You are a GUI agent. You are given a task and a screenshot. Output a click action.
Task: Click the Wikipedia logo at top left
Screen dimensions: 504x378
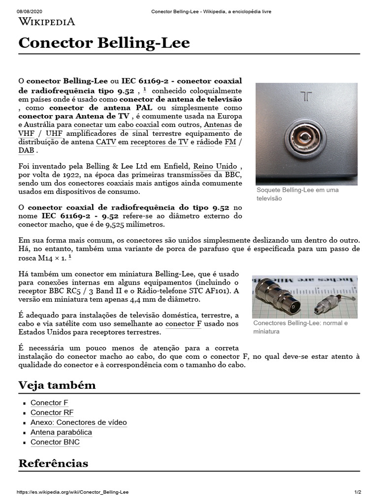[x=47, y=21]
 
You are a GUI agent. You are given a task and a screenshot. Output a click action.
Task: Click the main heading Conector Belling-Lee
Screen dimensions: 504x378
[x=104, y=43]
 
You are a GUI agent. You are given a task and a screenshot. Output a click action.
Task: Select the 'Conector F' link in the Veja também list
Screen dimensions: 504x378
[x=49, y=403]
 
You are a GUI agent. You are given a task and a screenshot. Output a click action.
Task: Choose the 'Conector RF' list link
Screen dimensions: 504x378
[x=52, y=412]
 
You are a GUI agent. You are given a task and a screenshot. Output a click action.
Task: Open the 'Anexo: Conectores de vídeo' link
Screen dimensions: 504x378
[x=78, y=422]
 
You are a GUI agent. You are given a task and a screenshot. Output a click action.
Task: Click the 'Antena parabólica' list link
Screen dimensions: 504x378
[x=61, y=432]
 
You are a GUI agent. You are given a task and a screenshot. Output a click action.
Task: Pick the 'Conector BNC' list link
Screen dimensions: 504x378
[x=55, y=442]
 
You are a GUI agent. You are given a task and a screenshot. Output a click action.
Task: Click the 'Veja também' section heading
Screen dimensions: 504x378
[x=57, y=385]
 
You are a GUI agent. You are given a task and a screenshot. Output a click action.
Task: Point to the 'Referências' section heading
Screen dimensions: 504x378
[x=53, y=463]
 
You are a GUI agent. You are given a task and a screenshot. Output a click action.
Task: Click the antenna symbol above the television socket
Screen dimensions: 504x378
[x=306, y=96]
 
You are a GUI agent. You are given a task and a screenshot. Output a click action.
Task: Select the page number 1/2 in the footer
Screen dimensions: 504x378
[x=357, y=492]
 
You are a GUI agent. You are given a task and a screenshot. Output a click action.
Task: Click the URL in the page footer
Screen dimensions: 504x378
[x=73, y=492]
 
